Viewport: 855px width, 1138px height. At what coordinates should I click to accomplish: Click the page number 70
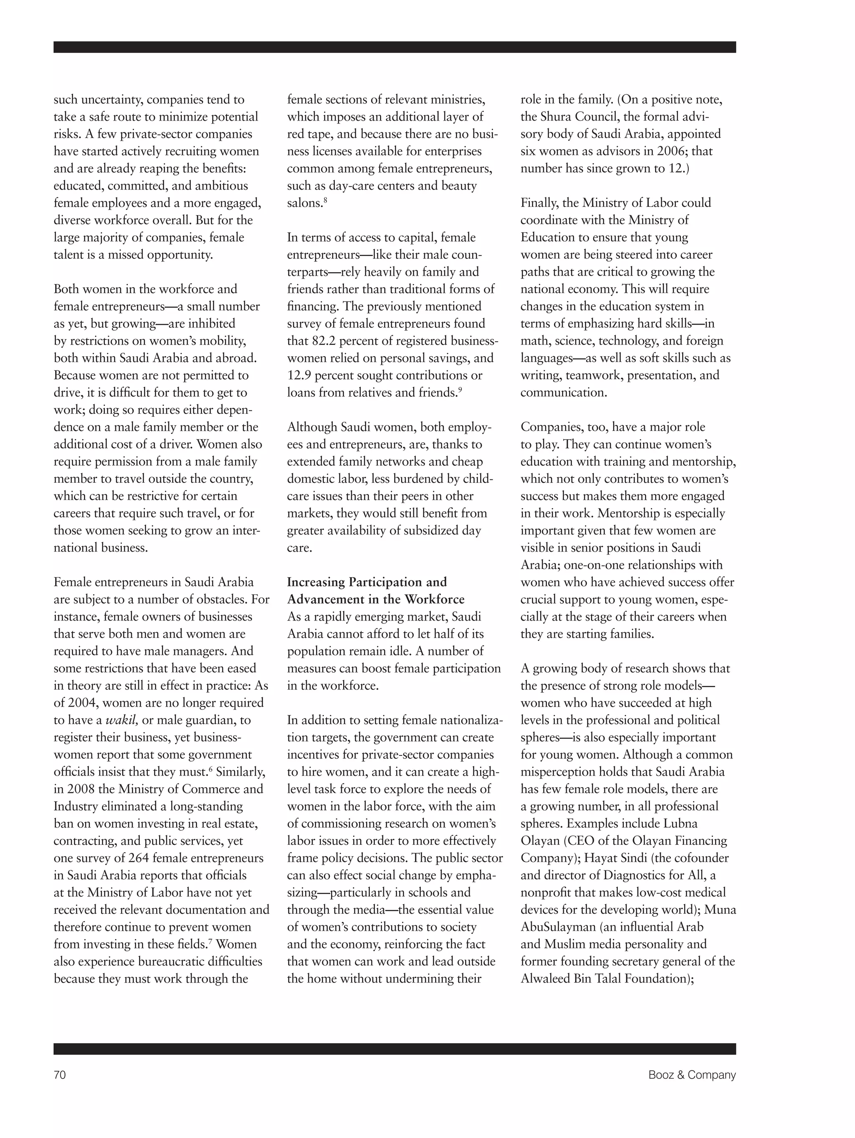click(60, 1074)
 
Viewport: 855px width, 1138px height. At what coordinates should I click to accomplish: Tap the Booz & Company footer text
click(691, 1074)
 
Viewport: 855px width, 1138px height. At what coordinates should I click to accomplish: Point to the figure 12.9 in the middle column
click(298, 375)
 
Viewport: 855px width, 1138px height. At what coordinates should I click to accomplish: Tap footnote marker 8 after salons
click(325, 199)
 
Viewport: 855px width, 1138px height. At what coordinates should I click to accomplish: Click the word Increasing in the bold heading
click(316, 582)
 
